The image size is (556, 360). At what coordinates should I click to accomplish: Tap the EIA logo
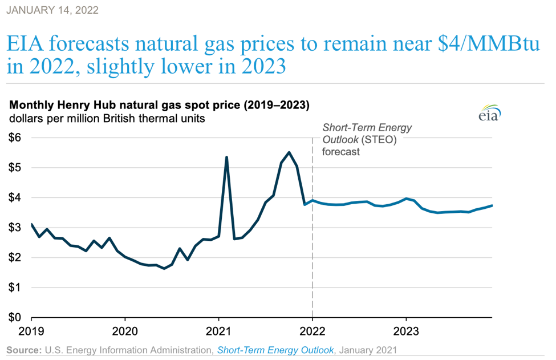pyautogui.click(x=489, y=113)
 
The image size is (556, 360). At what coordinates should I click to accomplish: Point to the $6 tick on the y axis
pyautogui.click(x=15, y=137)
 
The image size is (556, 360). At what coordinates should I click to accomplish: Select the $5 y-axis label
pyautogui.click(x=15, y=168)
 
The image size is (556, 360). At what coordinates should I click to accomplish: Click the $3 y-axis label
pyautogui.click(x=15, y=228)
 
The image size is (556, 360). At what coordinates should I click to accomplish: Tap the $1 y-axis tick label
pyautogui.click(x=15, y=288)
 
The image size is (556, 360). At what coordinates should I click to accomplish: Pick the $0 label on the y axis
pyautogui.click(x=15, y=317)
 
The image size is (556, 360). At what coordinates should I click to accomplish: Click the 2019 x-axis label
pyautogui.click(x=31, y=331)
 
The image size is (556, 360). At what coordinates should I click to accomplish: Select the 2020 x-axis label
pyautogui.click(x=125, y=331)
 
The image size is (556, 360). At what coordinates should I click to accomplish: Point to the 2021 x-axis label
pyautogui.click(x=218, y=331)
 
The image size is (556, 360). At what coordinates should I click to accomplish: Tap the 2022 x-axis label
pyautogui.click(x=312, y=331)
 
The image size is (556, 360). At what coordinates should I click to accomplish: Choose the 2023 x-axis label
pyautogui.click(x=405, y=331)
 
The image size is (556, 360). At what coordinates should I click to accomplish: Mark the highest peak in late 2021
pyautogui.click(x=289, y=152)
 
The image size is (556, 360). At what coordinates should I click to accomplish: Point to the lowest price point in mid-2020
pyautogui.click(x=164, y=268)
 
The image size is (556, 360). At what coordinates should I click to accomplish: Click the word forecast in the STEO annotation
pyautogui.click(x=341, y=152)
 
